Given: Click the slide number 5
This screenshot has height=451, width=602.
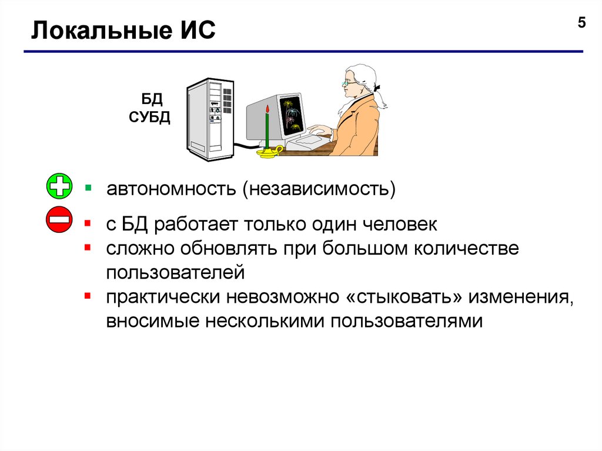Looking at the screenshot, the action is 581,23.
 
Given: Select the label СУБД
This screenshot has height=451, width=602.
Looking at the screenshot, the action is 150,117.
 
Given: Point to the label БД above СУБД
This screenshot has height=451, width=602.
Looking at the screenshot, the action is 150,98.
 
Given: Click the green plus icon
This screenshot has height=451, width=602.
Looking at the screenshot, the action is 59,187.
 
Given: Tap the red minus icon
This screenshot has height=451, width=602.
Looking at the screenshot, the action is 59,221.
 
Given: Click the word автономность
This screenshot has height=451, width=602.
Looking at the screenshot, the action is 170,190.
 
